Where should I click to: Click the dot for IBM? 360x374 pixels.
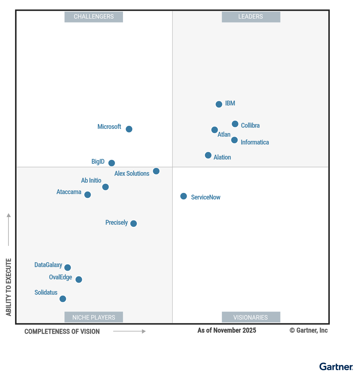coord(219,104)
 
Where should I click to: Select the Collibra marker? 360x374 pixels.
coord(235,124)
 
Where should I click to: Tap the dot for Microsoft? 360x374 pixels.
coord(129,129)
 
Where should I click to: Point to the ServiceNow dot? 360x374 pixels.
coord(184,196)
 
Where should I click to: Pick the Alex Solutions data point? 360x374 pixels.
coord(156,171)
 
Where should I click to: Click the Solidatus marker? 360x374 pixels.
coord(63,299)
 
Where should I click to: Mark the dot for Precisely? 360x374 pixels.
coord(134,223)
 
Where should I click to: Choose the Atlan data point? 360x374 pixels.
coord(214,130)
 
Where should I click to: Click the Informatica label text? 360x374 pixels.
coord(255,142)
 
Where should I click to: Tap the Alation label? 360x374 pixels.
coord(222,157)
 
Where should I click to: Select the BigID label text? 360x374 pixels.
coord(98,162)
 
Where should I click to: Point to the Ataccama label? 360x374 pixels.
coord(69,192)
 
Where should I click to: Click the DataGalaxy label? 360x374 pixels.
coord(48,265)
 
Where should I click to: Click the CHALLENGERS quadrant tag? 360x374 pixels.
coord(94,17)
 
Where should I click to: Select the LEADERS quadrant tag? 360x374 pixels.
coord(251,17)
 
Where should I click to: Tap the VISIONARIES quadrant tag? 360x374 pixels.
coord(251,317)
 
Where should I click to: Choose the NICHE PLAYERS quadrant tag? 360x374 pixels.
coord(94,317)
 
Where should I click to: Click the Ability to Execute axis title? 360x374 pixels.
coord(9,287)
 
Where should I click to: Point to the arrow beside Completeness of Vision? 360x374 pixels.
coord(129,331)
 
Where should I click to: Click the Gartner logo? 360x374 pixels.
coord(336,367)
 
